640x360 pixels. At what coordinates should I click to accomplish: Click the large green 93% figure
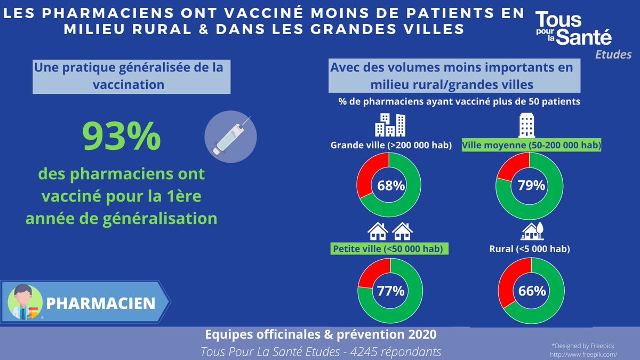[121, 136]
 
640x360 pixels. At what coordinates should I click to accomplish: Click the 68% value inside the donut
[390, 186]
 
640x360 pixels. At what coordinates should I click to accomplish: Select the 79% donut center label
[531, 186]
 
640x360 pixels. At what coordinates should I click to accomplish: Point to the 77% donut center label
[390, 291]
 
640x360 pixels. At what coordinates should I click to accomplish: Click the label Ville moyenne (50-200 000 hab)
[531, 146]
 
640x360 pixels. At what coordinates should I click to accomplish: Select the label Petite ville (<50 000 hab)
[389, 249]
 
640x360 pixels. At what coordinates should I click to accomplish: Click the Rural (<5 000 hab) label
[530, 249]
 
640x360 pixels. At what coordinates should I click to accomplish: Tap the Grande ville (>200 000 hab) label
[391, 146]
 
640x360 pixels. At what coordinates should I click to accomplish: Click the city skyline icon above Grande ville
[390, 125]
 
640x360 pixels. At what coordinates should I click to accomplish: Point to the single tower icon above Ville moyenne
[527, 125]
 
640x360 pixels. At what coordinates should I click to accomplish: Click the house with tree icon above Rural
[532, 231]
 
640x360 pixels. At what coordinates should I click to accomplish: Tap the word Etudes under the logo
[613, 54]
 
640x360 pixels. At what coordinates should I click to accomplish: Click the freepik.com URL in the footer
[583, 354]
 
